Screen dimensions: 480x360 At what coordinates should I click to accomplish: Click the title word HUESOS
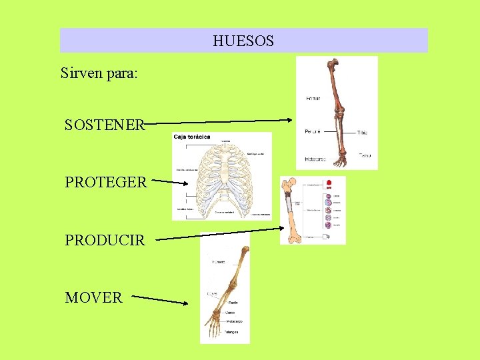pos(243,41)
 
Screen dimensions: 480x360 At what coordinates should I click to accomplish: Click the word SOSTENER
pos(105,125)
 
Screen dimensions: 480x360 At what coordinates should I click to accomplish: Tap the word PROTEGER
pos(105,182)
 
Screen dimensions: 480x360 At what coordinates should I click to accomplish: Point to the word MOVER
pos(94,298)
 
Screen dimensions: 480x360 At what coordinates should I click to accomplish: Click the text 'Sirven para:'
pos(99,73)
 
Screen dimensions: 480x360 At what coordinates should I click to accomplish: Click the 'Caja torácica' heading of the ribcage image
pos(193,137)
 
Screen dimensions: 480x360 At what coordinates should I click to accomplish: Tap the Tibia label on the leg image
pos(362,133)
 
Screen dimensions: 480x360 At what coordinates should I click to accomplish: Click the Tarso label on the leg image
pos(365,155)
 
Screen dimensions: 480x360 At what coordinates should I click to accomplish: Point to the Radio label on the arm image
pos(233,303)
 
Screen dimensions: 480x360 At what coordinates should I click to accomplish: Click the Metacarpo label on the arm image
pos(234,321)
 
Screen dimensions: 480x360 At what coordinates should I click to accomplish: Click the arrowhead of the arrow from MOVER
pos(186,303)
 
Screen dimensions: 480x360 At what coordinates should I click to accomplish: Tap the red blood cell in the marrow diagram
pos(328,183)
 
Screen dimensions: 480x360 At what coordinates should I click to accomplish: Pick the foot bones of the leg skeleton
pos(340,159)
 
